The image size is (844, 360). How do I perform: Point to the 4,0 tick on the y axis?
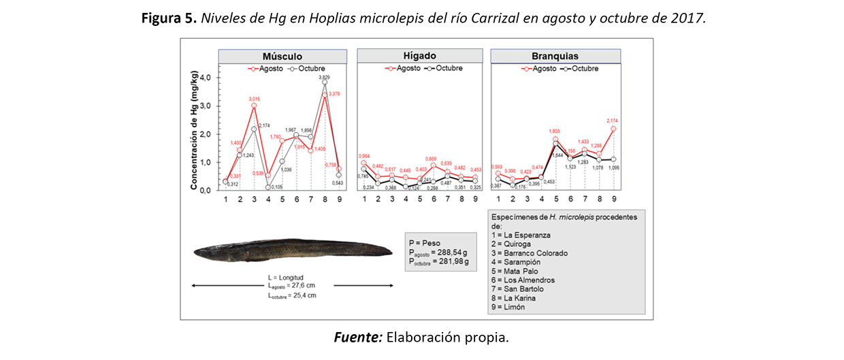(x=205, y=77)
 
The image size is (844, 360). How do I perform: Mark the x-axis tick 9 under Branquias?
(x=613, y=198)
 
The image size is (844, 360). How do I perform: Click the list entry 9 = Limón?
(x=515, y=307)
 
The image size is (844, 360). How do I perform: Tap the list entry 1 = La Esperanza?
(x=527, y=235)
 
